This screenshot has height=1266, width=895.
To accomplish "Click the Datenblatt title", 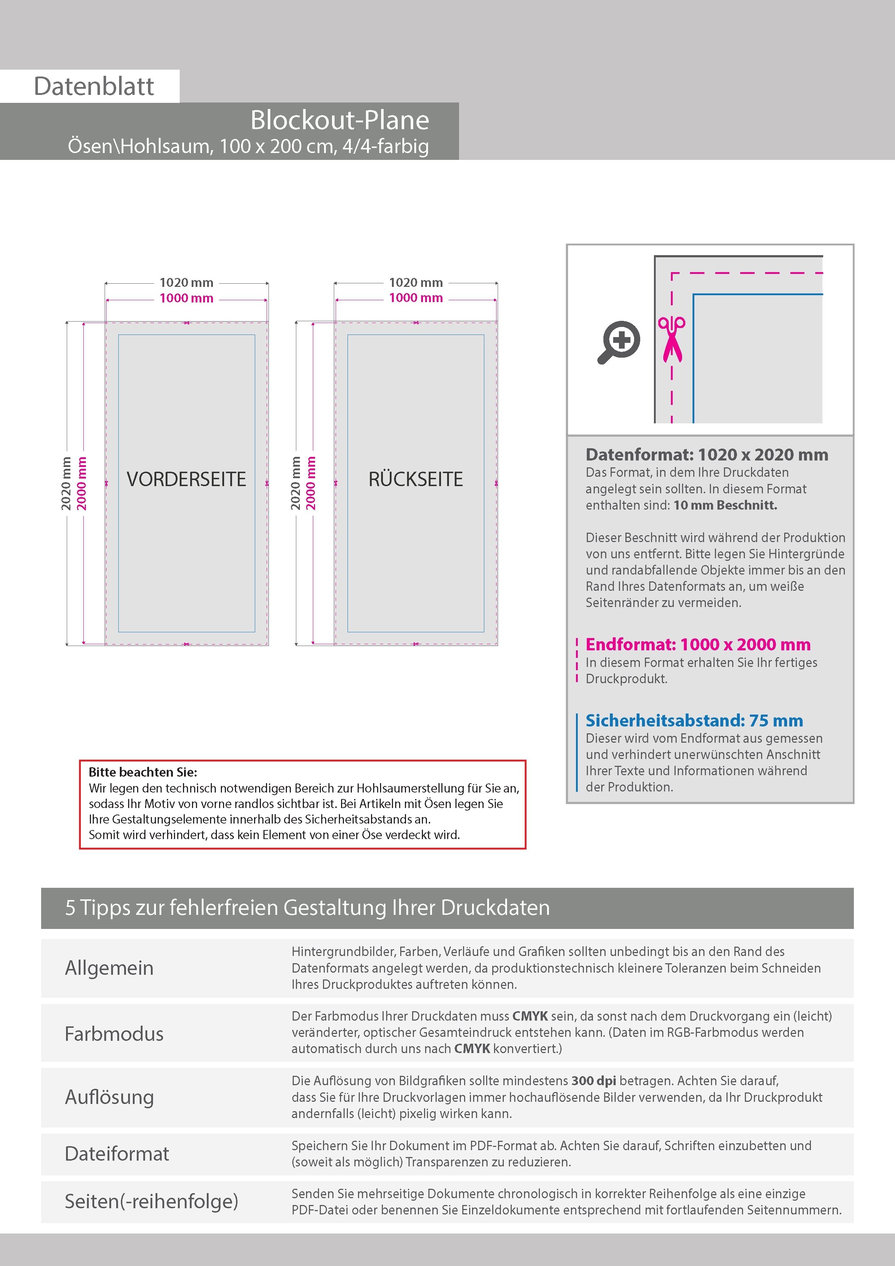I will tap(94, 87).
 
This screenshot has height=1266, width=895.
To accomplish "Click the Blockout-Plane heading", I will tap(339, 120).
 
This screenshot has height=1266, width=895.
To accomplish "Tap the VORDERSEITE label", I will tap(186, 479).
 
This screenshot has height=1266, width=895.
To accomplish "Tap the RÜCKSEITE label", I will tap(415, 479).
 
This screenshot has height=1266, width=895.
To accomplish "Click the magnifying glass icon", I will tap(619, 342).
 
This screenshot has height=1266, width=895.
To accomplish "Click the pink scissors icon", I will tap(672, 340).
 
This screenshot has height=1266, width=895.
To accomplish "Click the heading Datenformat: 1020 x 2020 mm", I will tap(706, 455).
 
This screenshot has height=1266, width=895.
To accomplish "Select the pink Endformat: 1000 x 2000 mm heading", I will tap(698, 645).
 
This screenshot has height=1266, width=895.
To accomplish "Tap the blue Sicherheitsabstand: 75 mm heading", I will tap(694, 721).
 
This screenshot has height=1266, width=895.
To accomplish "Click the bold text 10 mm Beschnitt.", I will tap(725, 506).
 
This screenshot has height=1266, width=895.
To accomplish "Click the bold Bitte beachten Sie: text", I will tap(143, 772).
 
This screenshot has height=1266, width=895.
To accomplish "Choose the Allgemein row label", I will tap(109, 968).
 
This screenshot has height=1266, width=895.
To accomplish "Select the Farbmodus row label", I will tap(114, 1034).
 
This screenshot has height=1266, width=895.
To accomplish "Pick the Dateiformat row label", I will tap(117, 1154).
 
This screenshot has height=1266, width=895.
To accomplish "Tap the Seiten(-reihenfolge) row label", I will tap(151, 1201).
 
